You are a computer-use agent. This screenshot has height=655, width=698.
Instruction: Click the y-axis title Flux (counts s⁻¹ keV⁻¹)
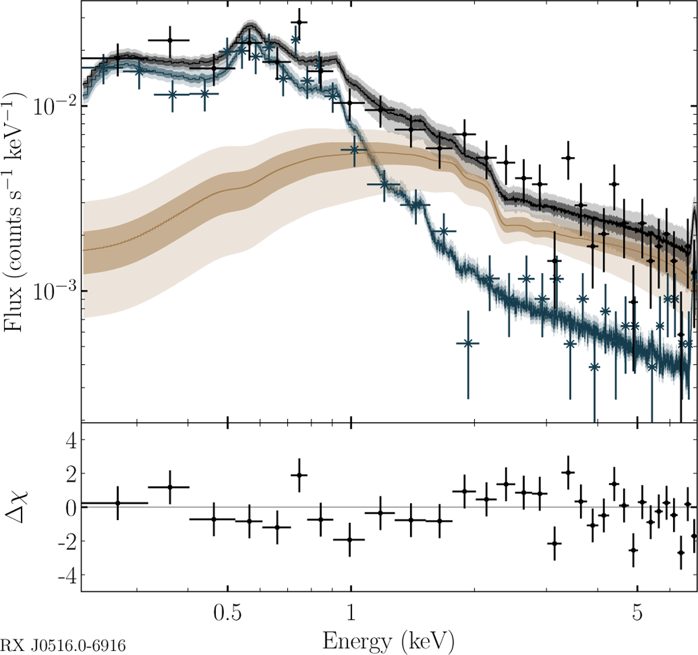click(15, 212)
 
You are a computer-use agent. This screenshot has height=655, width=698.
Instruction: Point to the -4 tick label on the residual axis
click(65, 574)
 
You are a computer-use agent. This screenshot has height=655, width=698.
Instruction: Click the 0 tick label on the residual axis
click(70, 508)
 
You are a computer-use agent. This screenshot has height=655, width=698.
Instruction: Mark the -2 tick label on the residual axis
click(65, 541)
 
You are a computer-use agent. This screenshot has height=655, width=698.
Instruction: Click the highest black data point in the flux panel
click(299, 22)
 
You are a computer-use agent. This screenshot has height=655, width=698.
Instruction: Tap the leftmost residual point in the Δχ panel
click(117, 503)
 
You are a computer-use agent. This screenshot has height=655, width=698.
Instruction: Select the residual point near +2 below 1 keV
click(299, 475)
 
